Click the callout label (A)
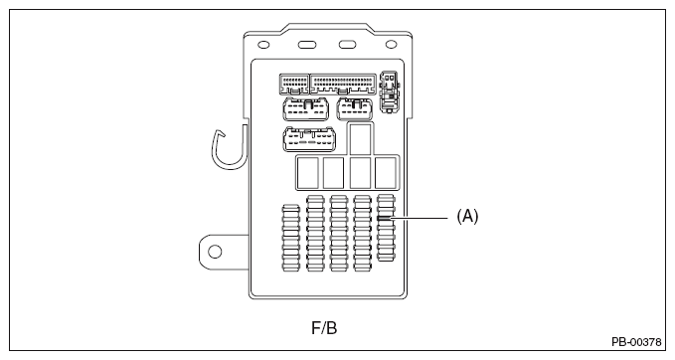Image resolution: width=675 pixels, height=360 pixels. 467,216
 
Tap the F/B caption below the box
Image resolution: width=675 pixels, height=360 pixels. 324,328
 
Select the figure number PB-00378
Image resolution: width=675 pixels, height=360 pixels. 636,342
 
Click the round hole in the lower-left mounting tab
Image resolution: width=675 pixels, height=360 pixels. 215,252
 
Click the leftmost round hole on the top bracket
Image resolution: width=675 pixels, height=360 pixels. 263,45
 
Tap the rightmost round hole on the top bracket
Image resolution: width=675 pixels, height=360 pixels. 391,45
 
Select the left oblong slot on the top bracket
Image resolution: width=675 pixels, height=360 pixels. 307,45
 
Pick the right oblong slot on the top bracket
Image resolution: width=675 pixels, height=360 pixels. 347,45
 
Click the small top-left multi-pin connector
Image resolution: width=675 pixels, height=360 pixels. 294,85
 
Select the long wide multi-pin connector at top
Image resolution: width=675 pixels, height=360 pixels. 343,84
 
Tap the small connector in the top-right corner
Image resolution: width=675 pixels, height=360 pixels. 389,91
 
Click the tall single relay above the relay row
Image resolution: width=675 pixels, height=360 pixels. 361,138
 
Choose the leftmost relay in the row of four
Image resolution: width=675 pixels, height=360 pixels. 308,173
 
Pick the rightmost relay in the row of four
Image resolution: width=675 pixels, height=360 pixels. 386,173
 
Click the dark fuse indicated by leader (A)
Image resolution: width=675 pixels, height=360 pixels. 386,219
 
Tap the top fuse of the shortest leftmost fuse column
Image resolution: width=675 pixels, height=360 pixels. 290,209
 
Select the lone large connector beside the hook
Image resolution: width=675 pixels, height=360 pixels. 309,139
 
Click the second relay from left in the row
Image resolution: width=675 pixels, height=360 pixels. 334,173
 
